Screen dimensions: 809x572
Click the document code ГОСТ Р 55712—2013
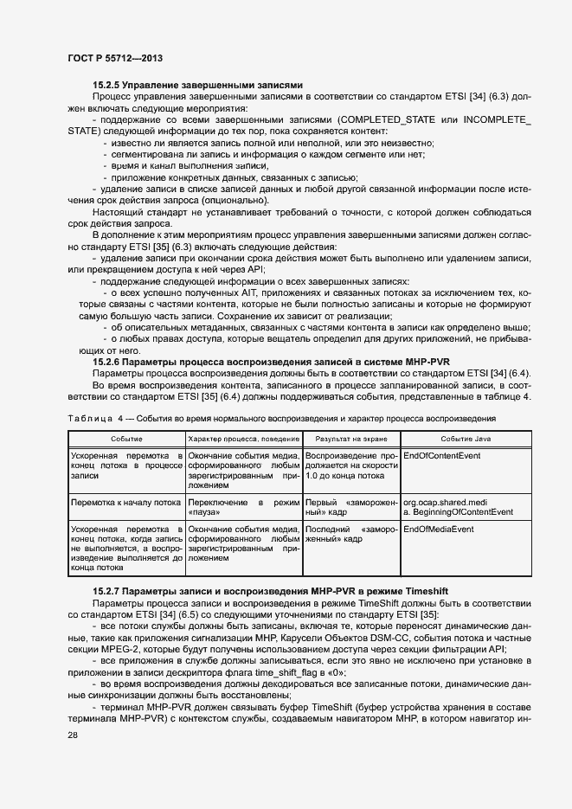pos(113,58)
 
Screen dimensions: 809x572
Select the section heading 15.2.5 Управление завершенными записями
pos(197,86)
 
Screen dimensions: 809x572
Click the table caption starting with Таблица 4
pos(282,418)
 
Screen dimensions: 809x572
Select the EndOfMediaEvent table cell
pos(439,528)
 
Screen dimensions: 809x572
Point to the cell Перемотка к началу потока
pos(125,502)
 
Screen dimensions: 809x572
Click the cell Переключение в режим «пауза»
pos(243,506)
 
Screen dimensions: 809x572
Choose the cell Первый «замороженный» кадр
pos(350,506)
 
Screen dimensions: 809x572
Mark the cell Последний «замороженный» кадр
pos(350,533)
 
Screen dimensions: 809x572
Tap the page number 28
pos(73,735)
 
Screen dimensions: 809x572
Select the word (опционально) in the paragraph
pos(235,200)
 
